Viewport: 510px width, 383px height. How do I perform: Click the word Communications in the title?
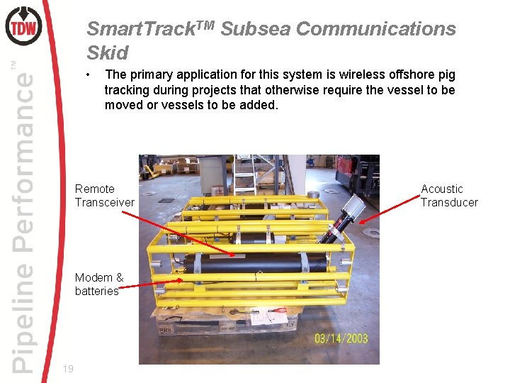click(375, 29)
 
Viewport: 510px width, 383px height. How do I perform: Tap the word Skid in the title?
click(107, 53)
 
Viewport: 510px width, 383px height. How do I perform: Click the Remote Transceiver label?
click(104, 195)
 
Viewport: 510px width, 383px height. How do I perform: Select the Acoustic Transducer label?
click(449, 195)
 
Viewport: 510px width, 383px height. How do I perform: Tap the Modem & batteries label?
click(99, 284)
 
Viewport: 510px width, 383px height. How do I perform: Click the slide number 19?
click(68, 368)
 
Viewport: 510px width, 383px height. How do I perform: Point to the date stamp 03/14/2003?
click(341, 338)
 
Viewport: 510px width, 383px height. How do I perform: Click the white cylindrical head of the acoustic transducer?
click(352, 206)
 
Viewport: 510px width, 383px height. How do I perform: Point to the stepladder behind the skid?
click(245, 174)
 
